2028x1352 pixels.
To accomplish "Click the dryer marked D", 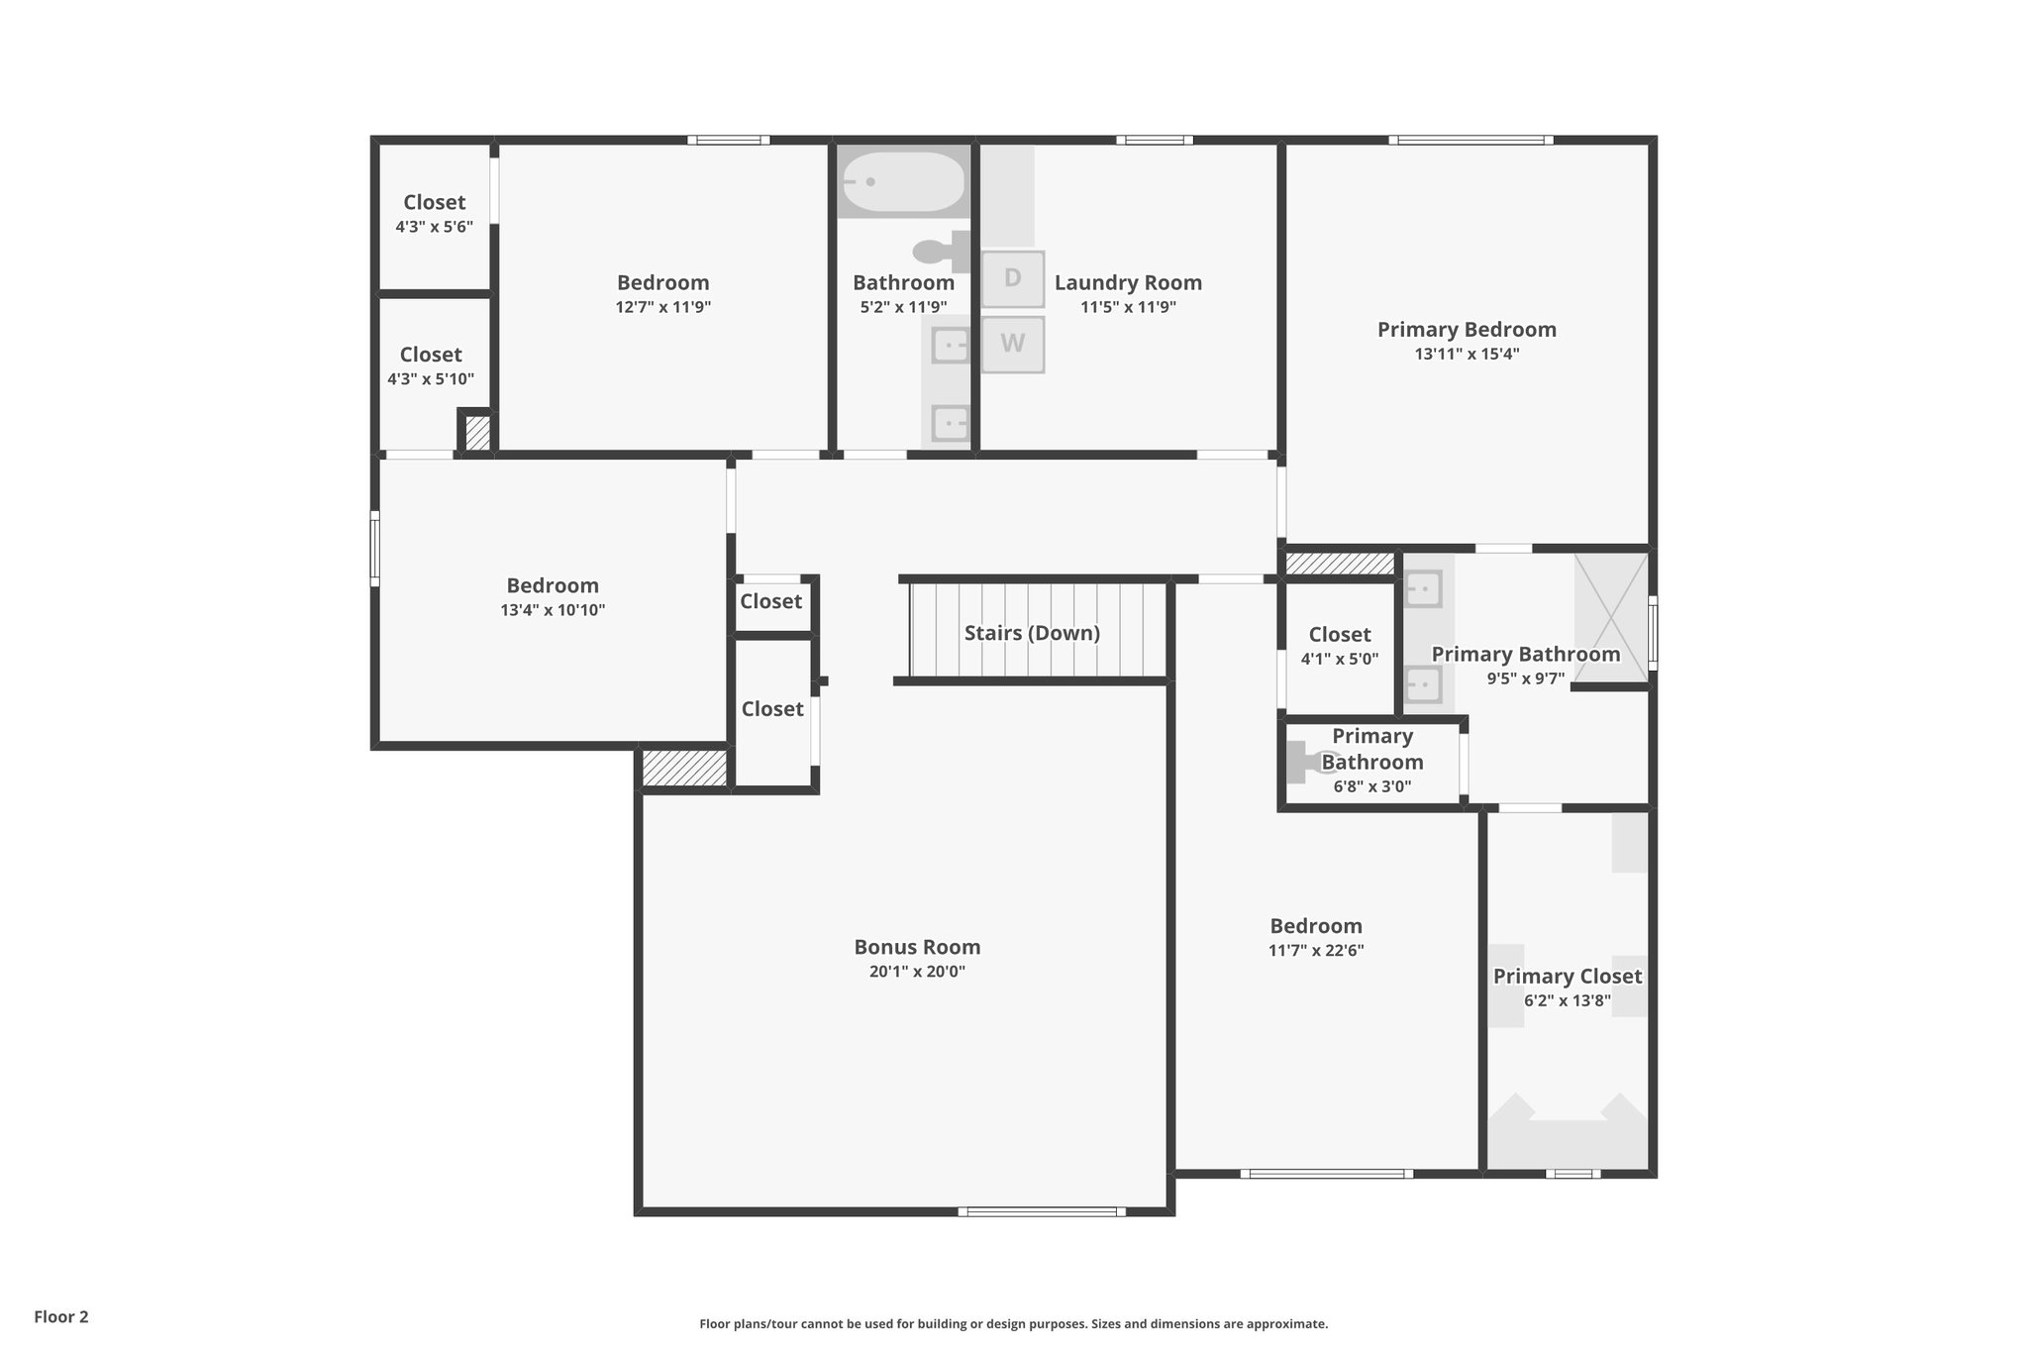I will pyautogui.click(x=1012, y=278).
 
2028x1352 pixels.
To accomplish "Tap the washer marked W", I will pyautogui.click(x=1012, y=344).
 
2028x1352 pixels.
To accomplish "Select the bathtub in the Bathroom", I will pyautogui.click(x=902, y=182).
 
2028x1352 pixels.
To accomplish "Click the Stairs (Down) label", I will pyautogui.click(x=1032, y=633).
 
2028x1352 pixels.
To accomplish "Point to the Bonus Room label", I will pyautogui.click(x=917, y=947).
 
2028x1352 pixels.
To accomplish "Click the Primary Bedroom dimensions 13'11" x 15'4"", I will pyautogui.click(x=1467, y=354).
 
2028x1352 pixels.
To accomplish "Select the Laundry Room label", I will pyautogui.click(x=1128, y=282).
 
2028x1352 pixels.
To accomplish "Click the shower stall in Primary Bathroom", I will pyautogui.click(x=1611, y=618).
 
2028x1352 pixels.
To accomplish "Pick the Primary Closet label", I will pyautogui.click(x=1567, y=977).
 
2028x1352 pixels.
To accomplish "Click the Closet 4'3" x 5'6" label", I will pyautogui.click(x=434, y=202).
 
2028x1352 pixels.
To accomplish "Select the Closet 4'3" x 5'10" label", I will pyautogui.click(x=431, y=355).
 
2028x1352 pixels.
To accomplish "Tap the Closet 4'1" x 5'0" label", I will pyautogui.click(x=1339, y=635).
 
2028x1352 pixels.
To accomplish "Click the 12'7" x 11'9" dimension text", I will pyautogui.click(x=662, y=307).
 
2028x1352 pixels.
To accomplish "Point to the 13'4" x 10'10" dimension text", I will pyautogui.click(x=553, y=610).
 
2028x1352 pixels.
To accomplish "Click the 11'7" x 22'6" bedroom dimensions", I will pyautogui.click(x=1316, y=950).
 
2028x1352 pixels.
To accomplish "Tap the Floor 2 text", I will pyautogui.click(x=61, y=1316).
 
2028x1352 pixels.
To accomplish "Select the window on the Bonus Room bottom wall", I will pyautogui.click(x=1041, y=1211).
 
